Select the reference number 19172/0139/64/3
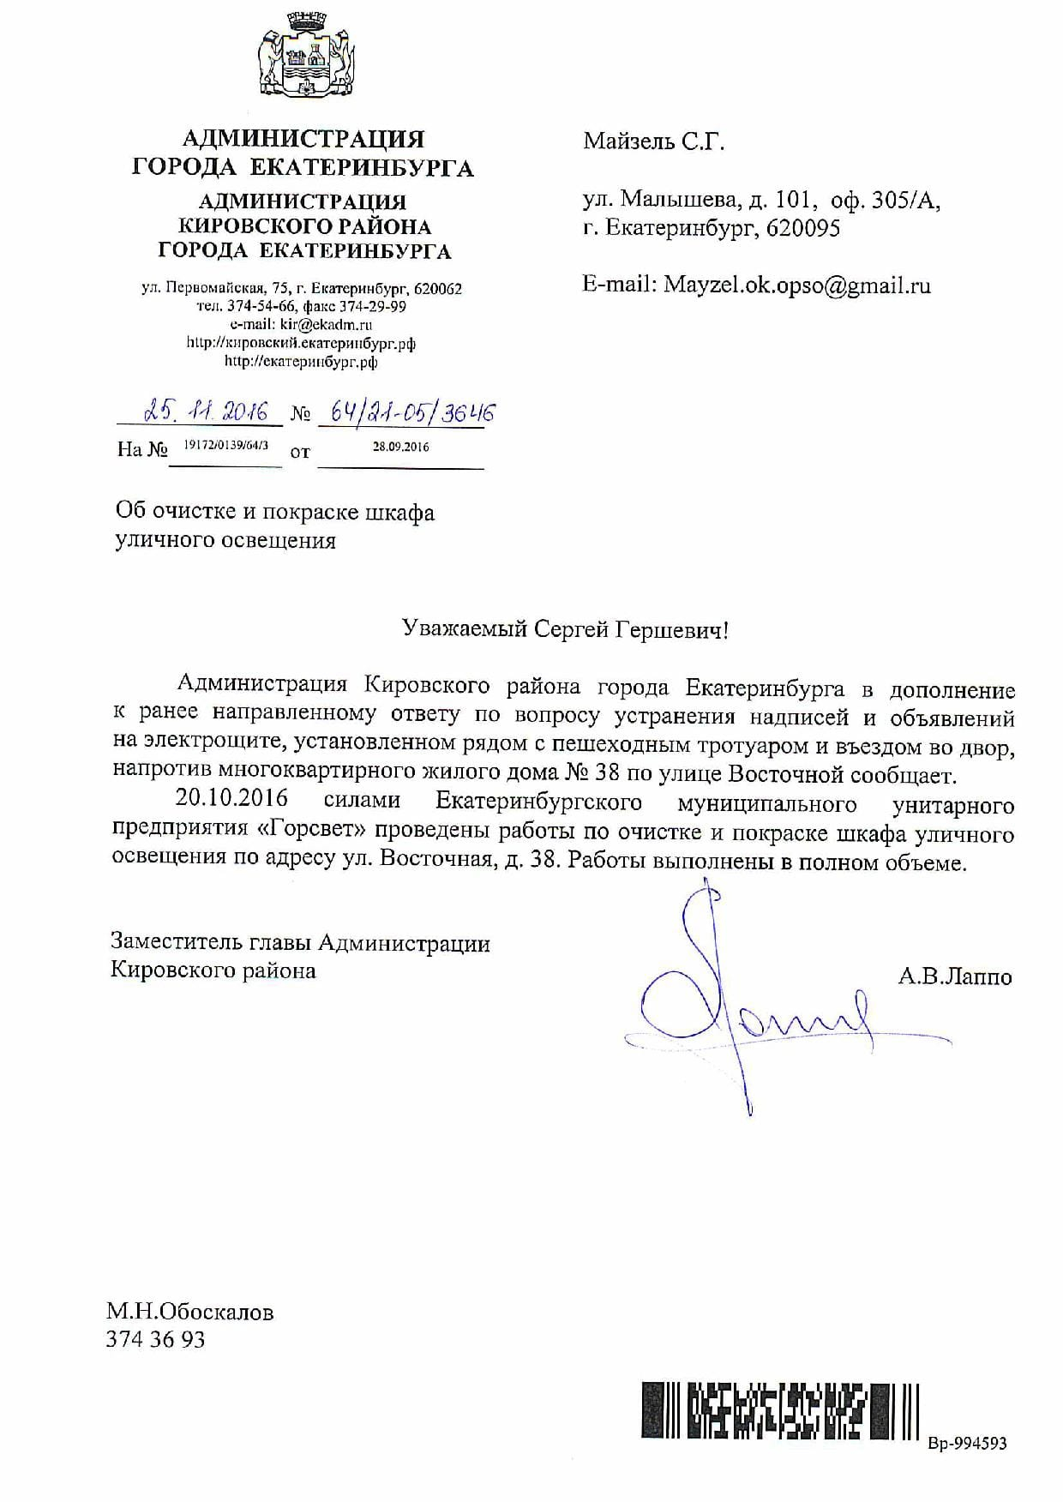coord(226,447)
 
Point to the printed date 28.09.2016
coord(401,447)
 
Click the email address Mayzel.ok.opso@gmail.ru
coord(796,285)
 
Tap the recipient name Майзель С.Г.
coord(654,141)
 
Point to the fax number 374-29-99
coord(374,306)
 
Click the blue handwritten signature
coord(737,1003)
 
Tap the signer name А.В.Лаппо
coord(955,976)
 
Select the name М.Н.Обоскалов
coord(190,1312)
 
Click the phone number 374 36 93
coord(155,1339)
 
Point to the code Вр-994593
coord(967,1444)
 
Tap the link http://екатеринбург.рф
coord(301,362)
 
